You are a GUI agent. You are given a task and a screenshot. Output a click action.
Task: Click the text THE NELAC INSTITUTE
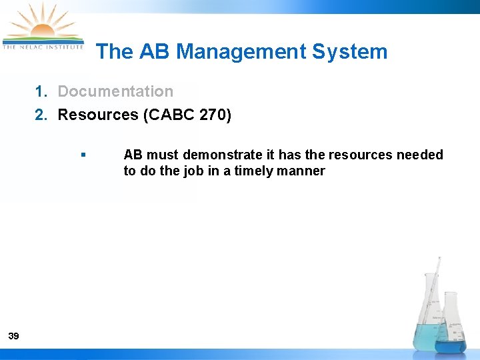point(43,47)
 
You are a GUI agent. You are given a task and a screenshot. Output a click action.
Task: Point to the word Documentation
point(115,92)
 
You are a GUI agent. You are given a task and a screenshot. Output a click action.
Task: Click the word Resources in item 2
point(98,115)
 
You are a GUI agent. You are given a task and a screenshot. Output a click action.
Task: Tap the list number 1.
point(41,92)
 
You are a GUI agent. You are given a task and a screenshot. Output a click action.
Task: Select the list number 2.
point(41,115)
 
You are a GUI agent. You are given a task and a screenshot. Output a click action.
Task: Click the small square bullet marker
point(83,155)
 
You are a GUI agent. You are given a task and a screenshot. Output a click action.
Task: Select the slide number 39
point(13,336)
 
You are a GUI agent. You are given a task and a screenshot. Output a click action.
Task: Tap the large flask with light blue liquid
point(427,320)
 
